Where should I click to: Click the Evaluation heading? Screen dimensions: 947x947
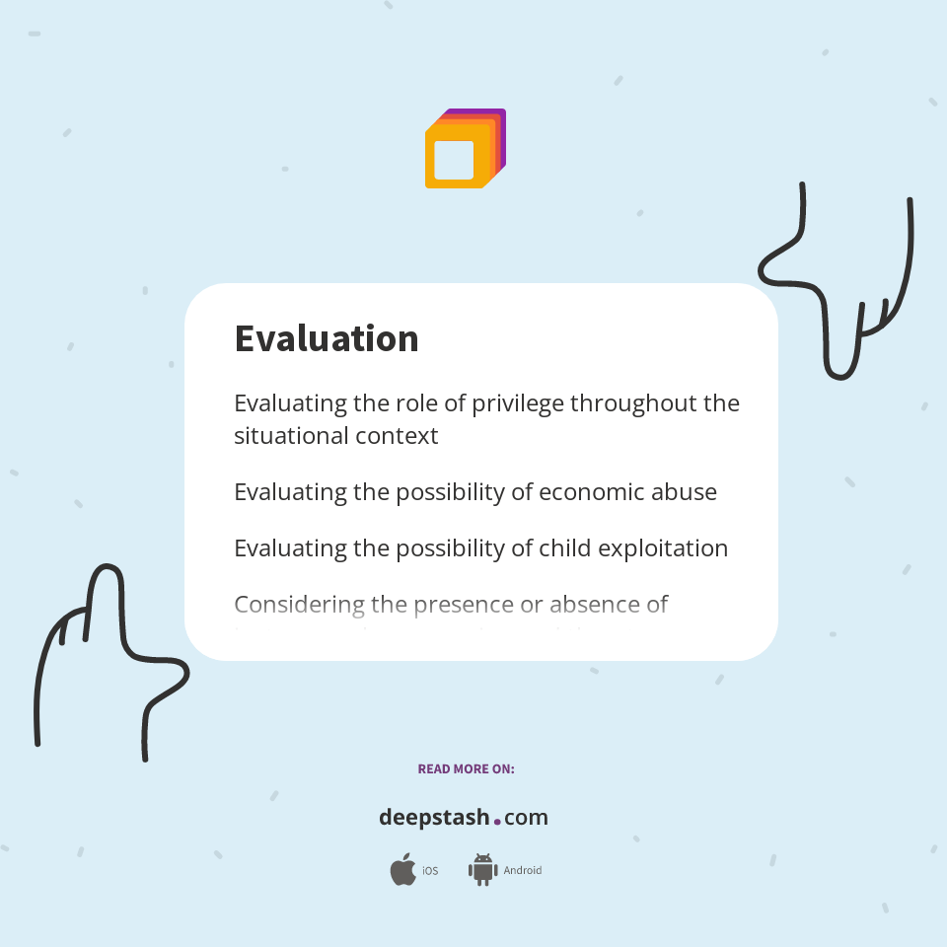pyautogui.click(x=327, y=338)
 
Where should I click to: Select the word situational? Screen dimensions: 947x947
pyautogui.click(x=286, y=435)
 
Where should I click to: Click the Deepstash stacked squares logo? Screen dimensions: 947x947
pyautogui.click(x=465, y=149)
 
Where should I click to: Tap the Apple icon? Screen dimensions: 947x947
pyautogui.click(x=402, y=870)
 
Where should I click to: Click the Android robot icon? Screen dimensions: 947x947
pyautogui.click(x=482, y=869)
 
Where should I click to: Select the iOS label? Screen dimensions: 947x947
pyautogui.click(x=430, y=871)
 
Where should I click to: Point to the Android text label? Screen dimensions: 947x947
pyautogui.click(x=523, y=871)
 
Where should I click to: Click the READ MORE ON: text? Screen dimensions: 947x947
pyautogui.click(x=466, y=768)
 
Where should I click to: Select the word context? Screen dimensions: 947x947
pyautogui.click(x=399, y=435)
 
